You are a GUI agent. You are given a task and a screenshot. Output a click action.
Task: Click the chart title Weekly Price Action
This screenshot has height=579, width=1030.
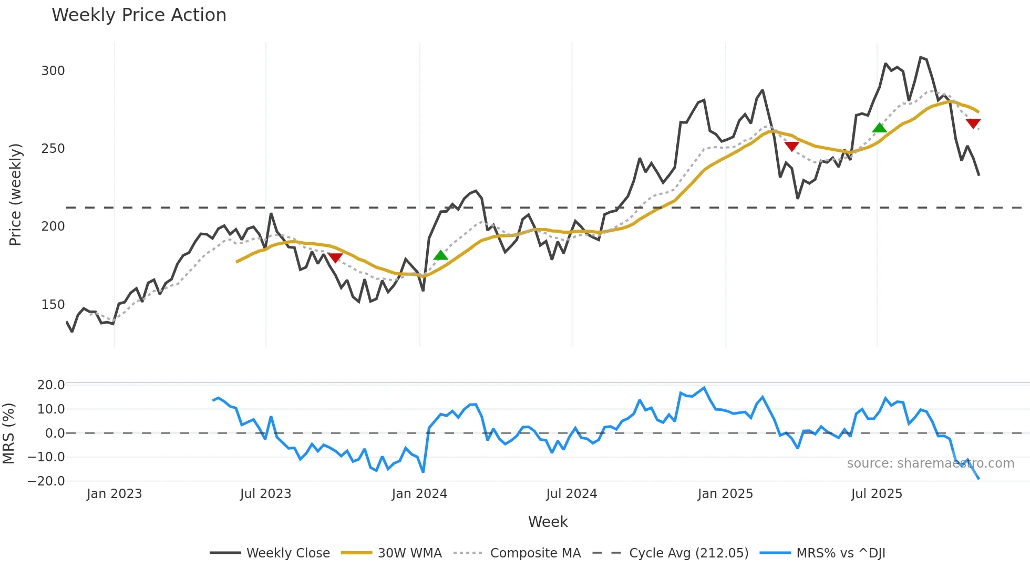(139, 15)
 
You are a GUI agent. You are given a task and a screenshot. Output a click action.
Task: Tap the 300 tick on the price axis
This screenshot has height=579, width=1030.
(53, 71)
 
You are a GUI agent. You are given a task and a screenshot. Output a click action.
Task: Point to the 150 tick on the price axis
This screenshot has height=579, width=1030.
(53, 305)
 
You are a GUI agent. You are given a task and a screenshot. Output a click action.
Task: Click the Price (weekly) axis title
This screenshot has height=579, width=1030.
(16, 194)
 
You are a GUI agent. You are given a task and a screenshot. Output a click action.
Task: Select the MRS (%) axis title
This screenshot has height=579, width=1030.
(8, 433)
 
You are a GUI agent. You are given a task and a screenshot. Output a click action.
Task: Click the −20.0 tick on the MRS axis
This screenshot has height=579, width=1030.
(46, 481)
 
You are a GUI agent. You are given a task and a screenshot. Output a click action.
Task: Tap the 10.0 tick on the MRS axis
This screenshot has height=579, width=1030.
(51, 409)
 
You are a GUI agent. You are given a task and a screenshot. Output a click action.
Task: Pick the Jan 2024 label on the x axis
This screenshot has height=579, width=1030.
(419, 494)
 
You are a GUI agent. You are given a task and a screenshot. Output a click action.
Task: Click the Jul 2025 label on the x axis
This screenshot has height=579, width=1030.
(877, 494)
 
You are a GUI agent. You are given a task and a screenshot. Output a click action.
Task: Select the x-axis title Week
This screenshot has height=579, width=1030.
(548, 522)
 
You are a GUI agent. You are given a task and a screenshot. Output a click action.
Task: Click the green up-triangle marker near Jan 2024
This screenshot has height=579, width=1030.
(440, 255)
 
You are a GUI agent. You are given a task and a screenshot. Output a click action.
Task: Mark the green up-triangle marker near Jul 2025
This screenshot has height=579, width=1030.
(879, 128)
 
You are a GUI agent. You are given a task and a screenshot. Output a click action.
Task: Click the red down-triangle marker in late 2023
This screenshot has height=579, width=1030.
(335, 257)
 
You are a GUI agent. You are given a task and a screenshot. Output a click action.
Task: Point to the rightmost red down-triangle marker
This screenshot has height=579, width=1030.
(973, 123)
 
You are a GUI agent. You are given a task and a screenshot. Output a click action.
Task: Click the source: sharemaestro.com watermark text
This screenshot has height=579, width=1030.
(930, 463)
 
